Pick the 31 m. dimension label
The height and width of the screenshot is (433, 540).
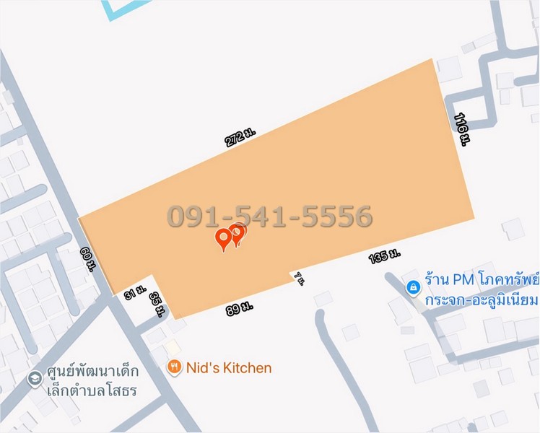click(135, 294)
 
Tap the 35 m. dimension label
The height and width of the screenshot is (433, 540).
click(158, 303)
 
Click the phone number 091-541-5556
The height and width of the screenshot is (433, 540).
click(270, 216)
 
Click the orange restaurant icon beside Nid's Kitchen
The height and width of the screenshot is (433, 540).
click(174, 368)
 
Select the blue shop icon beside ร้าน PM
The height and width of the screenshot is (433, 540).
click(412, 288)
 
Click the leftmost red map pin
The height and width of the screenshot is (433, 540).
click(225, 240)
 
